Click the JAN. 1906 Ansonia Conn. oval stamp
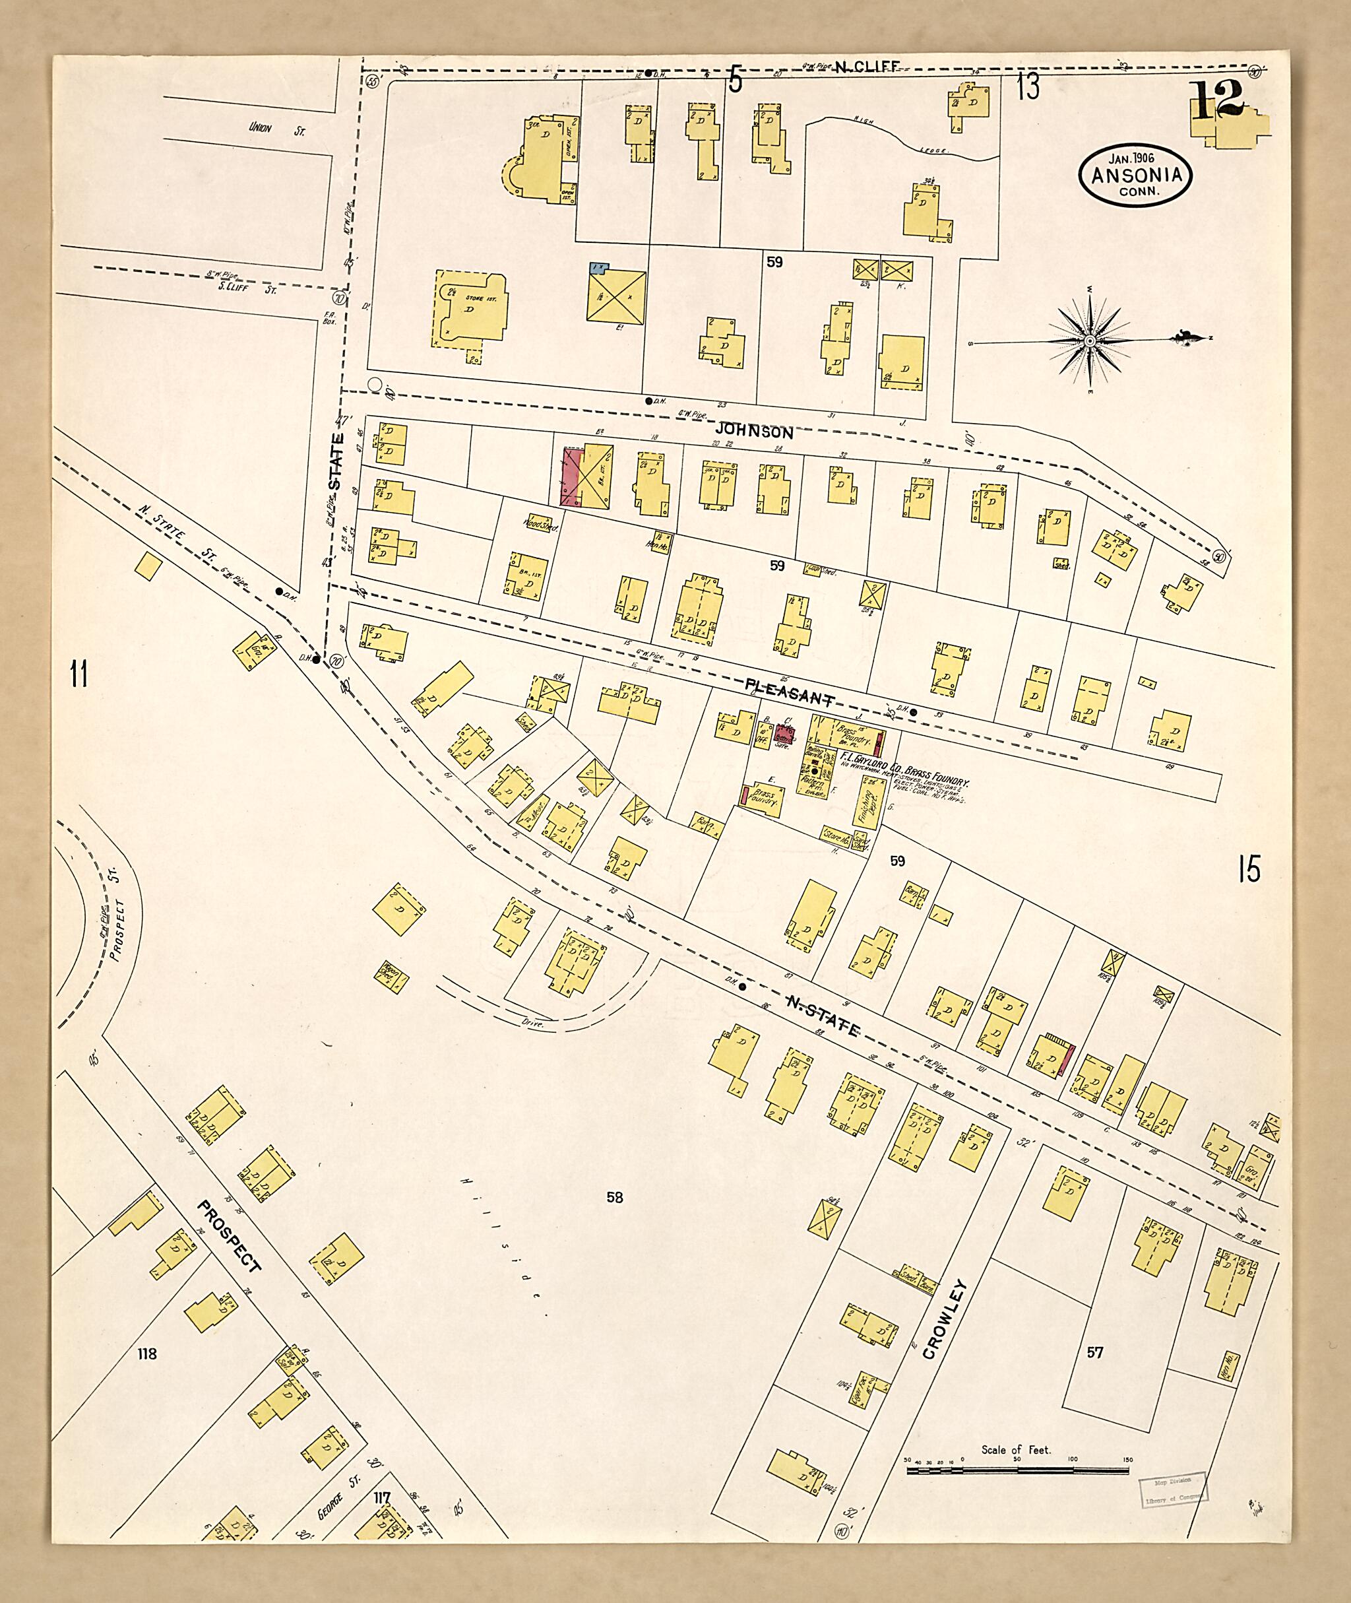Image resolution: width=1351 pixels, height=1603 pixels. [x=1135, y=176]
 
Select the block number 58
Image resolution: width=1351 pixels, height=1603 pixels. [x=614, y=1198]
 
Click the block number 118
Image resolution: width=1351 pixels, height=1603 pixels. [x=146, y=1354]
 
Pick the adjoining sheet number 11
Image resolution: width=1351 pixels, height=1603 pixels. [x=78, y=675]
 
